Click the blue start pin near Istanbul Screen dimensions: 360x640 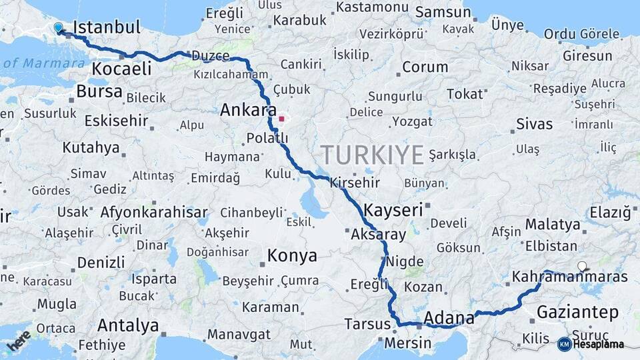coord(59,27)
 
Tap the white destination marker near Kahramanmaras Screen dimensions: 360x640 coord(582,266)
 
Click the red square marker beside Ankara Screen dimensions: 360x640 coord(282,119)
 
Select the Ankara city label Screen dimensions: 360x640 coord(248,109)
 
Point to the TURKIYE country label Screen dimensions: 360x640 coord(372,155)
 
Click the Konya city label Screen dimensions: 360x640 coord(292,255)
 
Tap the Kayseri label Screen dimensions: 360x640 coord(393,210)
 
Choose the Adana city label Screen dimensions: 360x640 coord(449,317)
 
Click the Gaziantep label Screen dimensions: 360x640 coord(577,312)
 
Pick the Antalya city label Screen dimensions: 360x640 coord(128,326)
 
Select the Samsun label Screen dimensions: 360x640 coord(443,12)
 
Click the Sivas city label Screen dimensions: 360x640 coord(535,124)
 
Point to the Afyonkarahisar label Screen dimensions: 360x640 coord(154,213)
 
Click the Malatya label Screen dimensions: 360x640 coord(553,225)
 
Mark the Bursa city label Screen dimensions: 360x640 coord(99,91)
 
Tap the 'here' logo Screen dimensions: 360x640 coord(18,340)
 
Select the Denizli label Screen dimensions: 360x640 coord(101,262)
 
